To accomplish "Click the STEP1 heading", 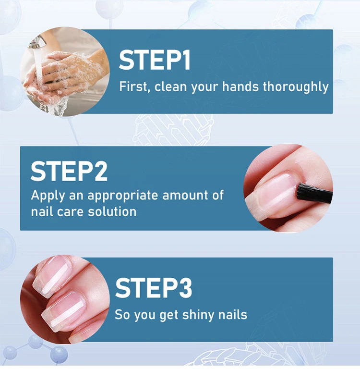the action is pos(155,60).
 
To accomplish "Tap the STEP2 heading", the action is pos(69,171).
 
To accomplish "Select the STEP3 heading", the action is pos(153,288).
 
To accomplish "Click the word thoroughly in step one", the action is pos(295,87).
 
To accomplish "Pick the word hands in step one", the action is pos(241,86).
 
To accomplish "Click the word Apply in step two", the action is pos(48,196).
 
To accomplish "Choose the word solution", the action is pos(112,211).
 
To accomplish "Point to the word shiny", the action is pos(198,315).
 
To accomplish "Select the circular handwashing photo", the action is pos(65,72).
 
